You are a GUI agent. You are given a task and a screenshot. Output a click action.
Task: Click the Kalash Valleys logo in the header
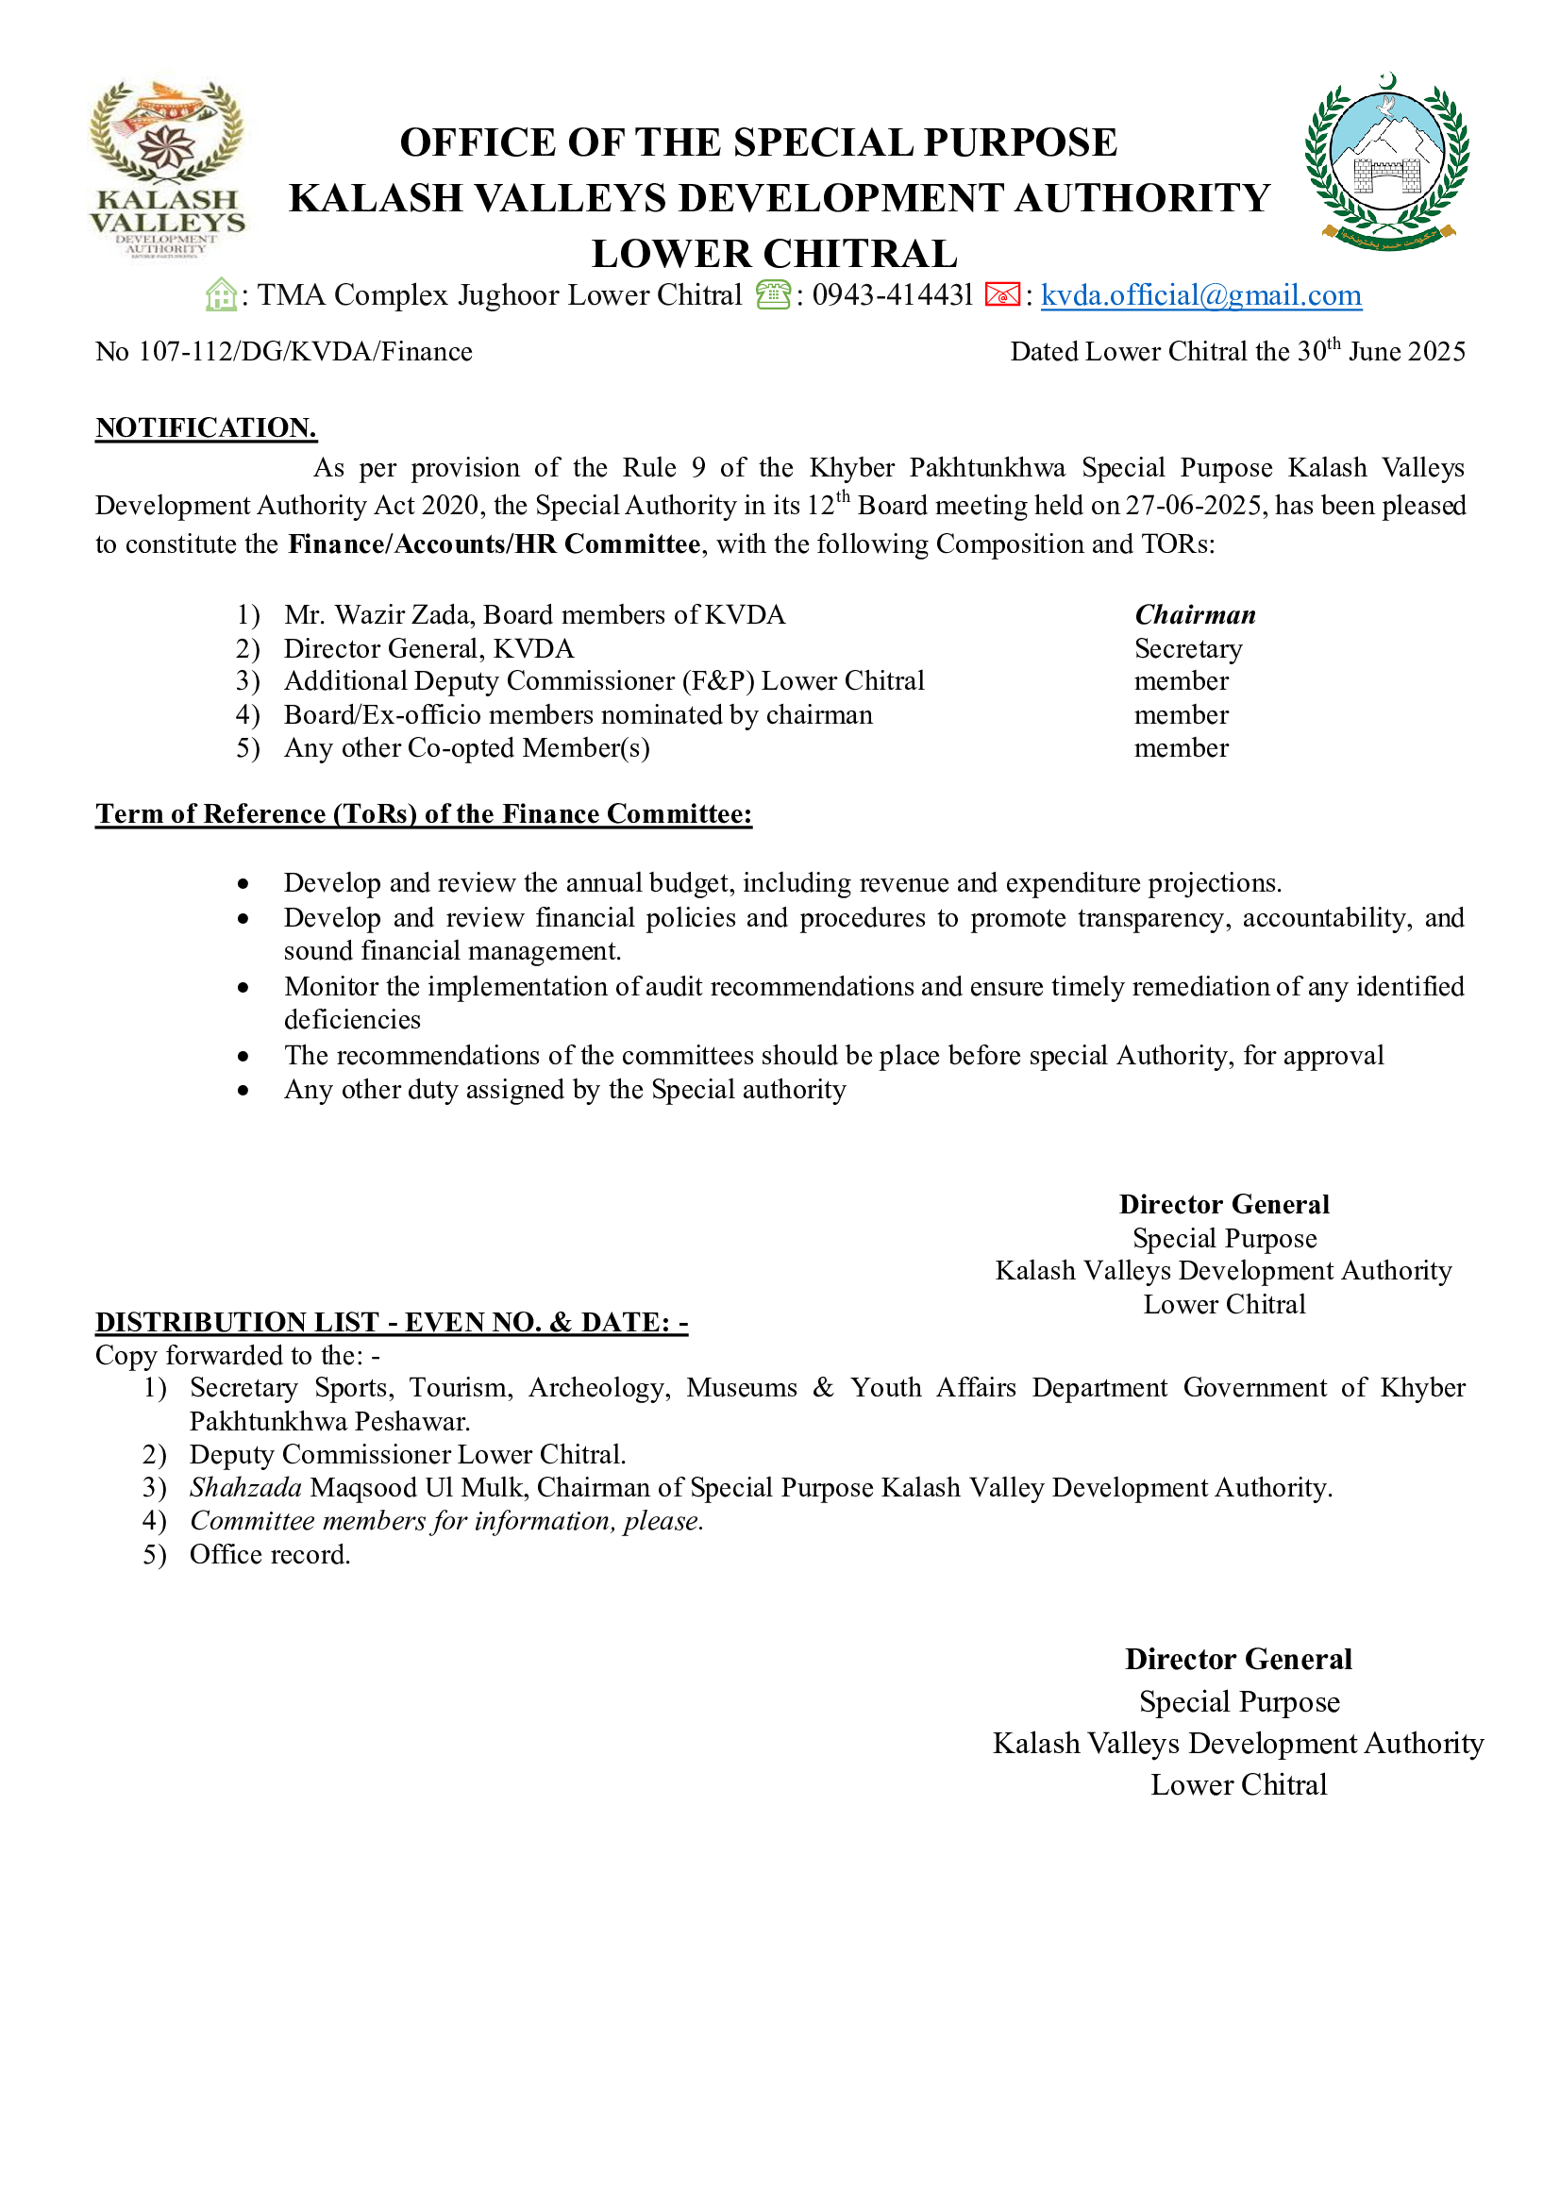167,169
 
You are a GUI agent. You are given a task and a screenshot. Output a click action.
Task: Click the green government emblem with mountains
1387,161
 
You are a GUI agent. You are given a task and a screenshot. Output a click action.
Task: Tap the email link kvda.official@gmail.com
1200,295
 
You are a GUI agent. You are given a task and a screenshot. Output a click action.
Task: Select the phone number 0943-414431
892,295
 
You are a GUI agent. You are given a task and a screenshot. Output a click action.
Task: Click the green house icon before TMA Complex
221,295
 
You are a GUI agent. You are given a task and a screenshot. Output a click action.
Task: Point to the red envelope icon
1001,295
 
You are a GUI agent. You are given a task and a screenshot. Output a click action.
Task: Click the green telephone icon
773,295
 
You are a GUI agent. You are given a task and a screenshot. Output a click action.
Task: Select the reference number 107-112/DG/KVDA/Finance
305,352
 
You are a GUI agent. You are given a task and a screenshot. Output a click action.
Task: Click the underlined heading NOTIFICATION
206,427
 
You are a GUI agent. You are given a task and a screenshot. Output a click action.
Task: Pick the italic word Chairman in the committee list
1195,615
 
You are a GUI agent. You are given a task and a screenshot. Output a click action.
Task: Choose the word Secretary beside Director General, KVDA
1188,649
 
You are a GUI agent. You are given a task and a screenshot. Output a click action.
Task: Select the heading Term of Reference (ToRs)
423,814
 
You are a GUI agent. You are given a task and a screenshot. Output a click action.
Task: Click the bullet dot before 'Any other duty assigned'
244,1091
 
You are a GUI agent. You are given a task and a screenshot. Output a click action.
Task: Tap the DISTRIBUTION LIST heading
392,1323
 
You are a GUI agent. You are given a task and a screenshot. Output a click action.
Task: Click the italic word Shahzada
245,1488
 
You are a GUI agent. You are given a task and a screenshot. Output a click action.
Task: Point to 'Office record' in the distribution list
269,1554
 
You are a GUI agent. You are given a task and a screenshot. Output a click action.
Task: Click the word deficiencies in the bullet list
352,1020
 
